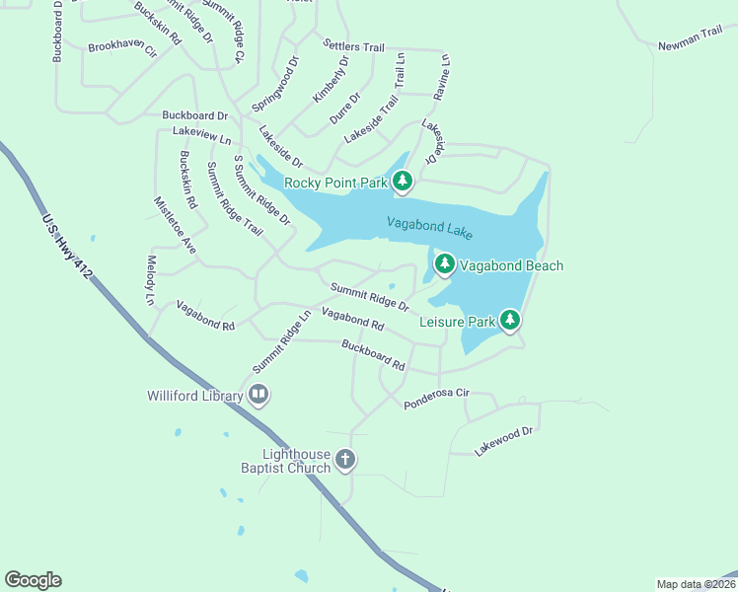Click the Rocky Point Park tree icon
coord(403,181)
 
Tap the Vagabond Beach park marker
coord(445,263)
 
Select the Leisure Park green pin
coord(510,320)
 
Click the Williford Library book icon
coord(258,396)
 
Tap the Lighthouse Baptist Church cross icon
coord(345,459)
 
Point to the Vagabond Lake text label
coord(430,228)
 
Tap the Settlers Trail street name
coord(353,45)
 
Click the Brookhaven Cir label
coord(122,47)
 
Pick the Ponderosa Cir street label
coord(435,398)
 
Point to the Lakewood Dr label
coord(503,440)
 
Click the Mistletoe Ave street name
coord(175,225)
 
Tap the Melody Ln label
coord(151,279)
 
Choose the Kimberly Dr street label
coord(331,80)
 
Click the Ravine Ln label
coord(443,77)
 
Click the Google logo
coord(33,580)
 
